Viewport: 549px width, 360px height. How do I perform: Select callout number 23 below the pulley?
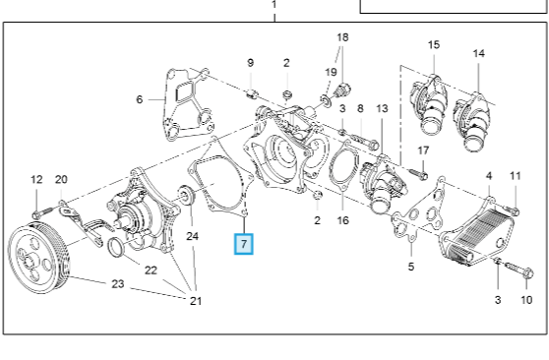coord(116,284)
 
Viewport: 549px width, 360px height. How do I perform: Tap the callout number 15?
coord(433,44)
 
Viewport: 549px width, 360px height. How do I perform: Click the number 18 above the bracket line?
coord(342,37)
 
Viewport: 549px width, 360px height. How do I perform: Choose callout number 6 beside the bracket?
coord(139,99)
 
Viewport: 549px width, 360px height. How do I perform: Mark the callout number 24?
coord(193,236)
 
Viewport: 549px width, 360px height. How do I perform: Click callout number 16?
coord(342,220)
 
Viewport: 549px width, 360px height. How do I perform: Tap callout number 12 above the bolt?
coord(36,179)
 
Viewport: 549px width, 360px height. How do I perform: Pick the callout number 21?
coord(195,300)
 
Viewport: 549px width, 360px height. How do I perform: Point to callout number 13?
coord(382,108)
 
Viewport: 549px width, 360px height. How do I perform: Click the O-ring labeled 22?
coord(115,244)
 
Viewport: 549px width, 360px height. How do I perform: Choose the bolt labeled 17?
coord(412,176)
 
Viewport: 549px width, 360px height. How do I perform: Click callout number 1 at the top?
coord(274,4)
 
